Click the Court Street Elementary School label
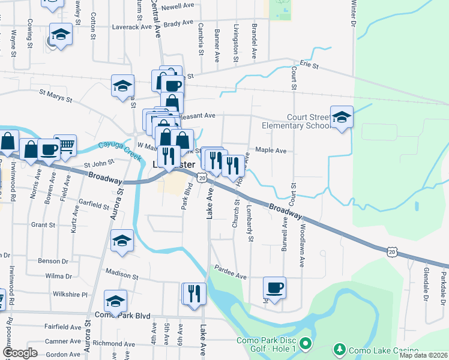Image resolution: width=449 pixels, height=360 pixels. click(x=295, y=121)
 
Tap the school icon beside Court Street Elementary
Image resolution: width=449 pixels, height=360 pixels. click(x=342, y=118)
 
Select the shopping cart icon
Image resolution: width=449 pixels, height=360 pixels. click(x=66, y=145)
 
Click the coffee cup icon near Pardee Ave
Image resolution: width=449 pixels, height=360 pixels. click(x=274, y=288)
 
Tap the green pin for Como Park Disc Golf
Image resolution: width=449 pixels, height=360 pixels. click(x=306, y=344)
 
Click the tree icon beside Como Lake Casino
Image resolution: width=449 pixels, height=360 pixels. click(x=339, y=349)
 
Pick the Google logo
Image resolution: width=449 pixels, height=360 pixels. click(x=20, y=353)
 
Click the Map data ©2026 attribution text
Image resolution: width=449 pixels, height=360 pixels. click(x=424, y=355)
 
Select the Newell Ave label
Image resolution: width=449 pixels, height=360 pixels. click(x=179, y=7)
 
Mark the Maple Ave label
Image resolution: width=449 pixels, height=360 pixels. click(x=271, y=151)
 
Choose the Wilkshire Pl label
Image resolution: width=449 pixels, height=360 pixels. click(x=70, y=295)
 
